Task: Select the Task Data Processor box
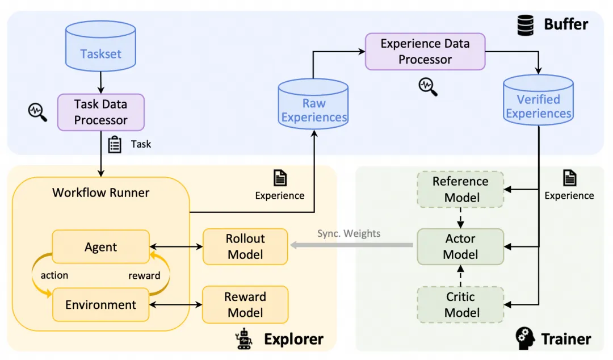pyautogui.click(x=101, y=112)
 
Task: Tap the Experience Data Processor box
pyautogui.click(x=425, y=52)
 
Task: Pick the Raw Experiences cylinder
pyautogui.click(x=313, y=108)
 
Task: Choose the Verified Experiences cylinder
pyautogui.click(x=539, y=104)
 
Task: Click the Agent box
pyautogui.click(x=100, y=247)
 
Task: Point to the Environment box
pyautogui.click(x=100, y=304)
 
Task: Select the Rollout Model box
pyautogui.click(x=245, y=246)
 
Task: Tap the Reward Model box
pyautogui.click(x=245, y=304)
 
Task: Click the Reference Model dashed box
pyautogui.click(x=460, y=190)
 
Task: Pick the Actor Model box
pyautogui.click(x=460, y=246)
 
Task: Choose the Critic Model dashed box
pyautogui.click(x=460, y=304)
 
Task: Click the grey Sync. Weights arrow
pyautogui.click(x=352, y=245)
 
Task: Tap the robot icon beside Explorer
pyautogui.click(x=245, y=338)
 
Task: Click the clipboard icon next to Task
pyautogui.click(x=115, y=144)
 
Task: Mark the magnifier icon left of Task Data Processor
pyautogui.click(x=37, y=111)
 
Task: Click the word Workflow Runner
pyautogui.click(x=100, y=192)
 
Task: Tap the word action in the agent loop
pyautogui.click(x=54, y=275)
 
